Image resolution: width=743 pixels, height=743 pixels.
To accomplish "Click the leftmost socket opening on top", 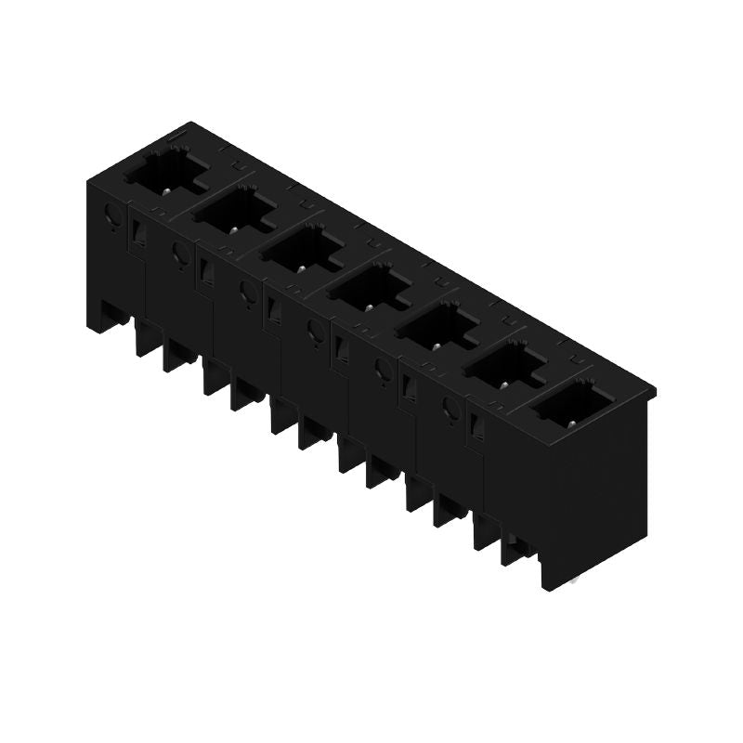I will (165, 173).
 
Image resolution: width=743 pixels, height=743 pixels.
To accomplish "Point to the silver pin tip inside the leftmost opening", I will (164, 189).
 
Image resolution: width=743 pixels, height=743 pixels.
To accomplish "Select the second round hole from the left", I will (179, 251).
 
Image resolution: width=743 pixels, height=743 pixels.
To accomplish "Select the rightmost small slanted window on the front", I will (478, 426).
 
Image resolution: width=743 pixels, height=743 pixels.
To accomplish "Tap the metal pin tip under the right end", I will (576, 580).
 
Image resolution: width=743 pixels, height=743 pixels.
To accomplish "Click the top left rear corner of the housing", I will (190, 124).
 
